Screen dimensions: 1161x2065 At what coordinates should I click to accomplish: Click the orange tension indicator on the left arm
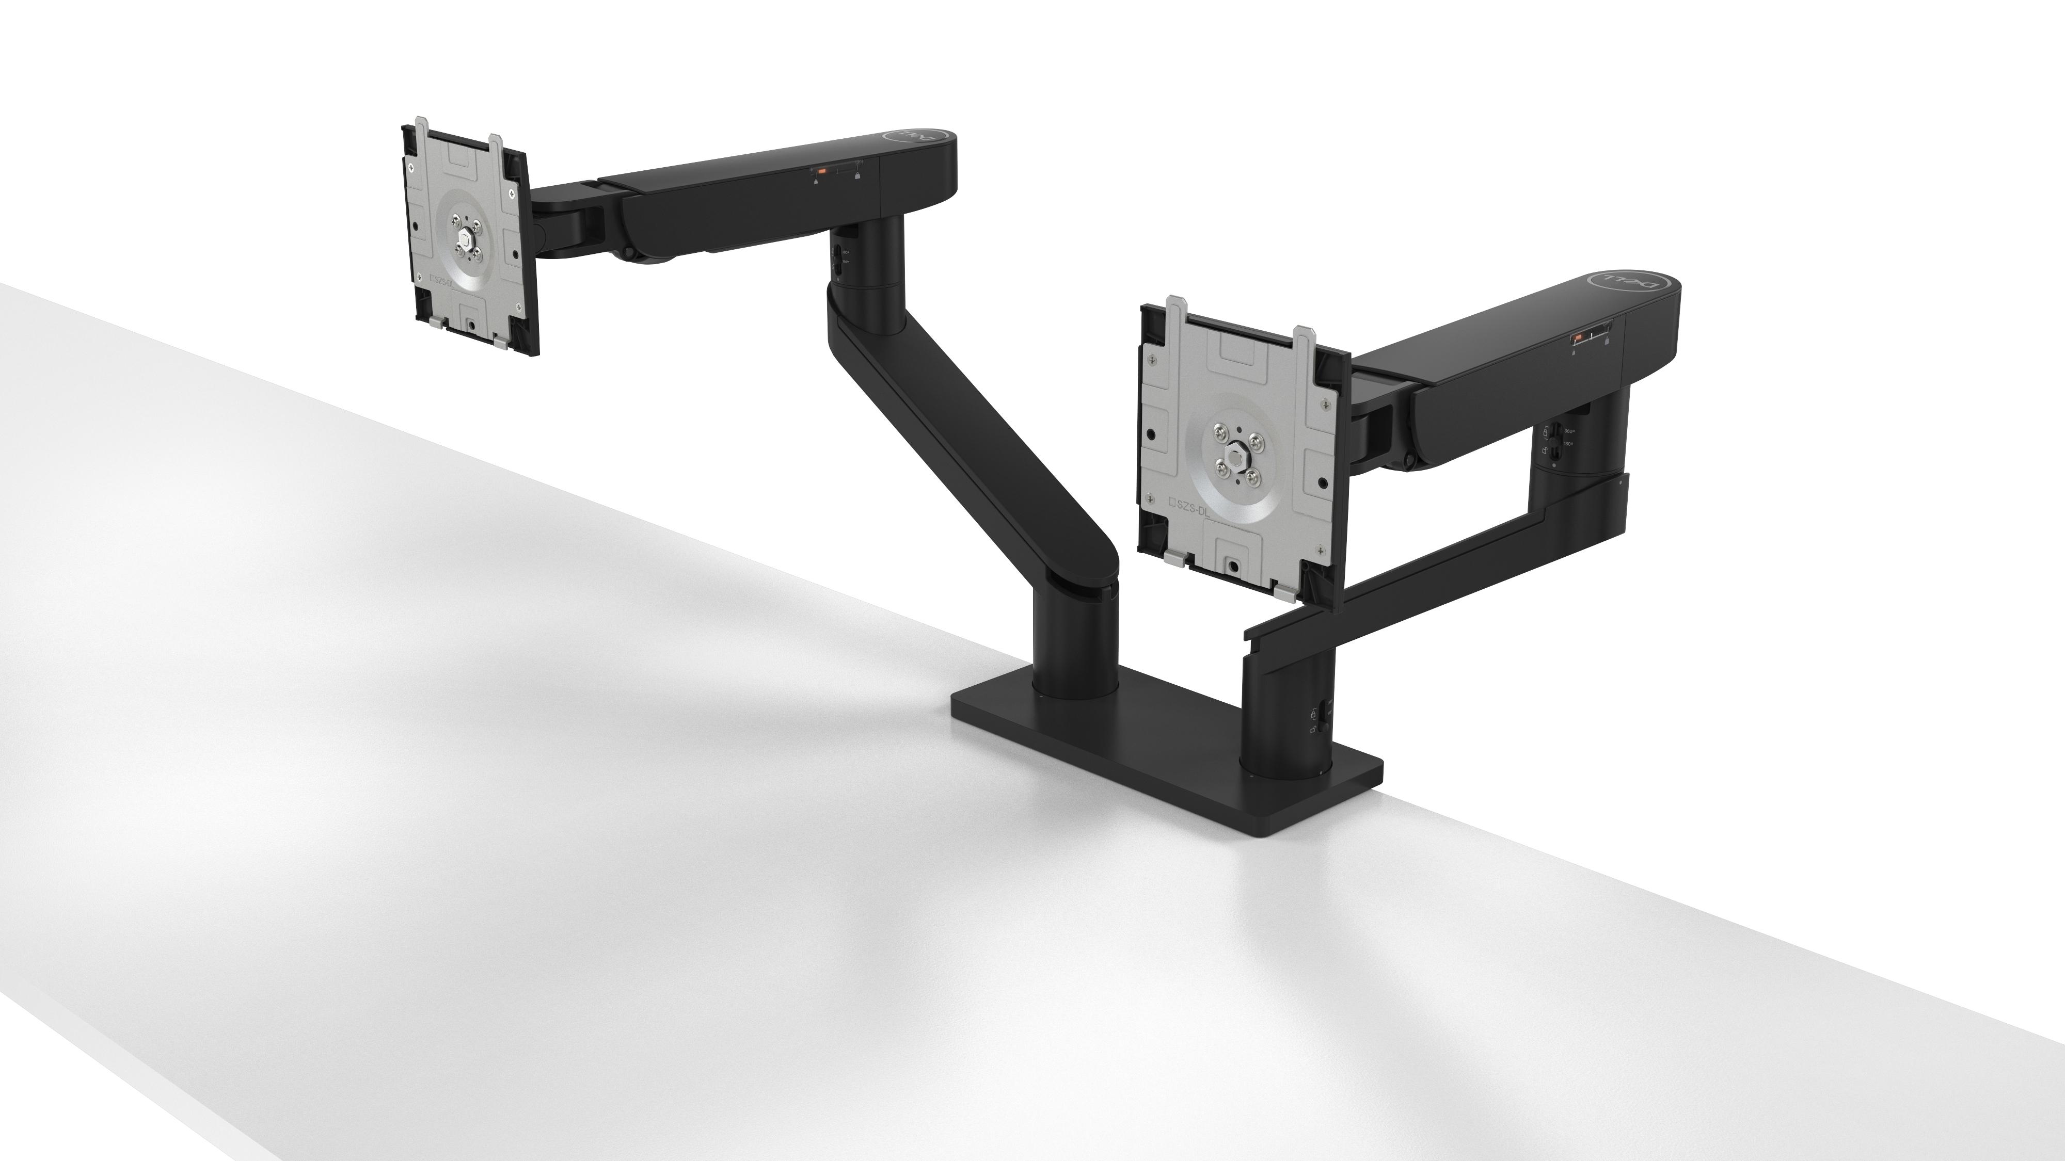point(820,171)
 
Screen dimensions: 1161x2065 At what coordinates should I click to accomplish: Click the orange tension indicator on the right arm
point(1577,338)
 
